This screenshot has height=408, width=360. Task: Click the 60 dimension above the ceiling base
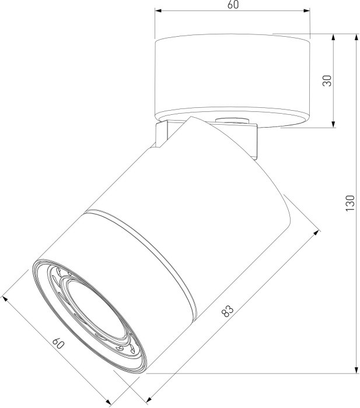click(233, 4)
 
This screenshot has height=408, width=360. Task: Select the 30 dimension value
click(327, 80)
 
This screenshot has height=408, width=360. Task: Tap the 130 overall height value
click(350, 203)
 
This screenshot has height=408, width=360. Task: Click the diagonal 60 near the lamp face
click(58, 344)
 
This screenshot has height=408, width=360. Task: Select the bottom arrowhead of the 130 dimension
click(356, 370)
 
